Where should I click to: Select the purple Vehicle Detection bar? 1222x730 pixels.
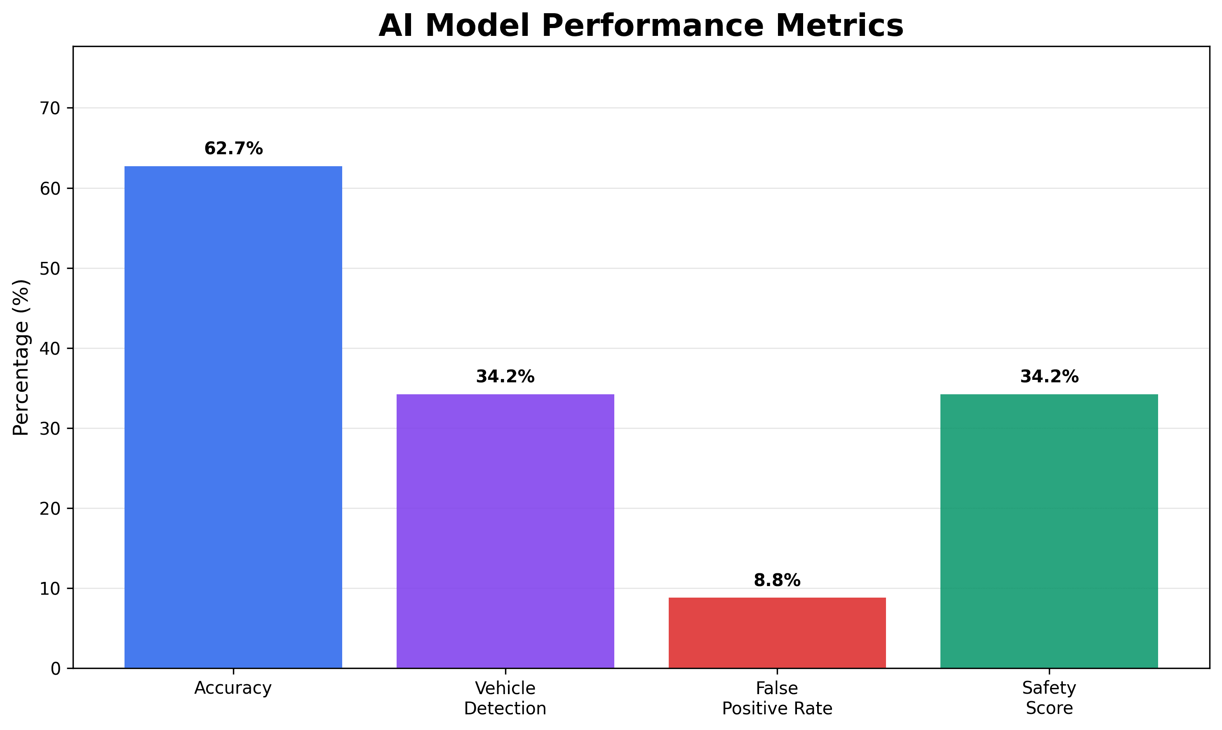505,531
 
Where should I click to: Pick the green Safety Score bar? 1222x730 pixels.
1049,531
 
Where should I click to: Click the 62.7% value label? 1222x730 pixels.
234,148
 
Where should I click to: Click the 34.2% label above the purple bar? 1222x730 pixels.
505,377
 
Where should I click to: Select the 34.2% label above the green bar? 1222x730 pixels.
1049,377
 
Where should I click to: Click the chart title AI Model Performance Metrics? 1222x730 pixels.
641,26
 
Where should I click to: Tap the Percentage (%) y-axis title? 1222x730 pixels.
21,358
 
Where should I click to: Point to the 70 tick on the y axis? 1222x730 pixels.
49,108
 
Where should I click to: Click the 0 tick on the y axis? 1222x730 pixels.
55,669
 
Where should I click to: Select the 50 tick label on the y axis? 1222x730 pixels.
49,268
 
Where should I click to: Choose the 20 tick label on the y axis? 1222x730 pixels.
49,508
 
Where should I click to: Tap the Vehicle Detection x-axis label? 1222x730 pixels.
505,698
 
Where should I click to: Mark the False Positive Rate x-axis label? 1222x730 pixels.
777,698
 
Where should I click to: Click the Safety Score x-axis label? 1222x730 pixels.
1049,698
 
